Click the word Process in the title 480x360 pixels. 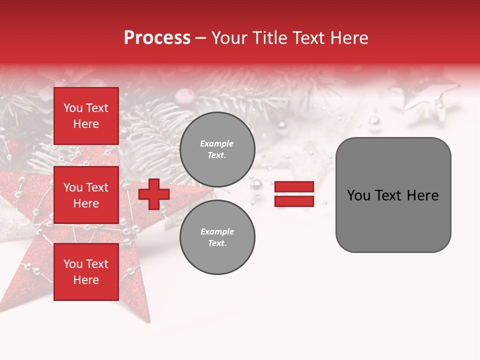point(157,37)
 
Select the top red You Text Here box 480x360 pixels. point(86,116)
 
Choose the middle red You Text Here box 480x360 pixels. point(86,195)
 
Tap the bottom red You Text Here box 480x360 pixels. point(86,271)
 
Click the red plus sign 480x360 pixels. point(154,194)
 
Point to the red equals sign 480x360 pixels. point(294,194)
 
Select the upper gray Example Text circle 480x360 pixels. point(217,149)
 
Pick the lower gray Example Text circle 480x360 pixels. point(217,237)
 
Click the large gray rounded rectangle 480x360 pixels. point(393,194)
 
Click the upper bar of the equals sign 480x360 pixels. point(294,187)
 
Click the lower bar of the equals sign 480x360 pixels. point(294,201)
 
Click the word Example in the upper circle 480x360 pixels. point(217,143)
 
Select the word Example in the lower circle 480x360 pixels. point(217,231)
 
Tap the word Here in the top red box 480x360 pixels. point(86,124)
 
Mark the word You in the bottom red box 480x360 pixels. point(72,263)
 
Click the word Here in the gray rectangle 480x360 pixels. point(422,195)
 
